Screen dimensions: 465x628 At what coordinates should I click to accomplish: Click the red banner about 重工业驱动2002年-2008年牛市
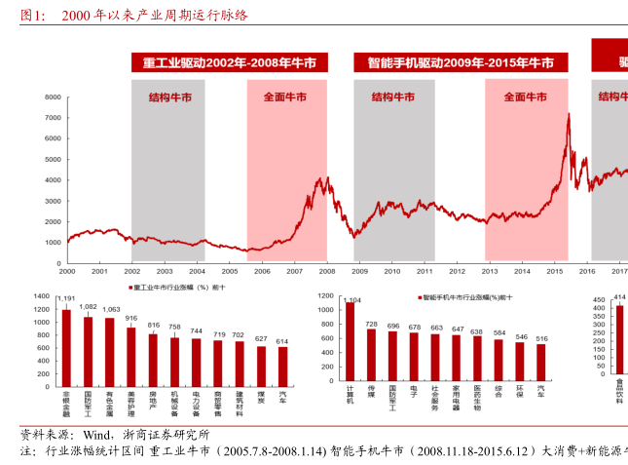pos(230,63)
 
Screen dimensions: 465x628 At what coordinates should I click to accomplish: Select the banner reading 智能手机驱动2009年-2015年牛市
pos(462,63)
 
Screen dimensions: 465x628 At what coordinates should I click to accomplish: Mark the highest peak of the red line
pos(568,114)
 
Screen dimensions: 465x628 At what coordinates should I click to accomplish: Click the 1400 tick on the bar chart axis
pos(41,294)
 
